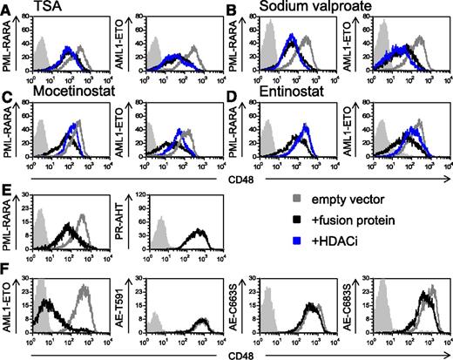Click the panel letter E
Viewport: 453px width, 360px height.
click(x=6, y=187)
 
